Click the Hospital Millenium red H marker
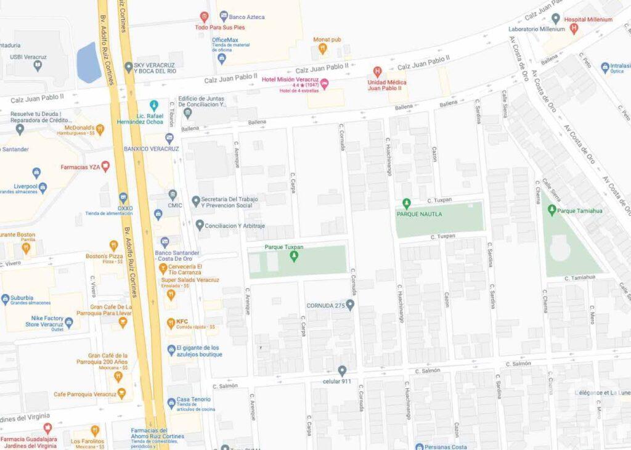(x=574, y=28)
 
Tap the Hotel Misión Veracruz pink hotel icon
(x=324, y=84)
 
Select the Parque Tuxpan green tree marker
(x=293, y=256)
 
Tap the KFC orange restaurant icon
(x=171, y=323)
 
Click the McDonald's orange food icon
(x=100, y=129)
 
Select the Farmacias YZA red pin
(x=105, y=166)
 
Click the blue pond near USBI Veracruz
(x=89, y=62)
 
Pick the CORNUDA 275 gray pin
(x=350, y=305)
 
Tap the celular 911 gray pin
(x=342, y=370)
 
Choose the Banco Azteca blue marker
(x=224, y=16)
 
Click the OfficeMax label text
(x=225, y=40)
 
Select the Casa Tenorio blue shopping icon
(x=171, y=403)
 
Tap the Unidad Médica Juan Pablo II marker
(x=378, y=72)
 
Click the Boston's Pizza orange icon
(x=113, y=246)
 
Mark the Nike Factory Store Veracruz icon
(x=68, y=322)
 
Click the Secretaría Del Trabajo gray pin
(x=196, y=201)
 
